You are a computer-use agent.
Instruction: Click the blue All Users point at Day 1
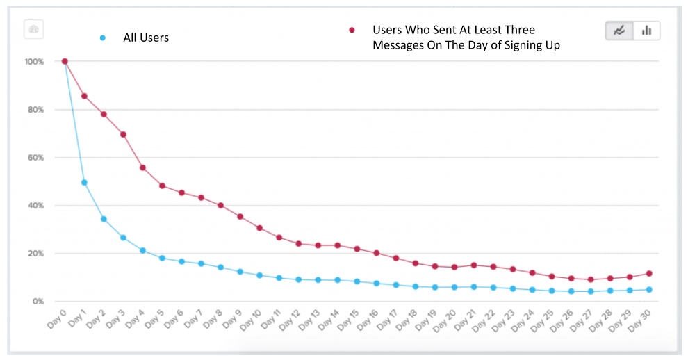pos(84,183)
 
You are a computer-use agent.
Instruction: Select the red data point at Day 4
pos(142,167)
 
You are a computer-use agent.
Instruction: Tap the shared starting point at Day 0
pos(65,61)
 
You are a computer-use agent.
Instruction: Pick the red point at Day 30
pos(649,273)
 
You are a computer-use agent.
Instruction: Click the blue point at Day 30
pos(649,290)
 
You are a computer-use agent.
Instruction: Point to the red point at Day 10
pos(259,228)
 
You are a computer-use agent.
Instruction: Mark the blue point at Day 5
pos(162,258)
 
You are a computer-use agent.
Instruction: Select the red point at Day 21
pos(474,265)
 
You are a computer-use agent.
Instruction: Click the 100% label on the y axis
pos(35,62)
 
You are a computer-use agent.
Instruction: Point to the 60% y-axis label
pos(36,158)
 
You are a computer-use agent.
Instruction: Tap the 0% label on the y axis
pos(39,302)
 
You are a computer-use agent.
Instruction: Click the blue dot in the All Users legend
pos(104,38)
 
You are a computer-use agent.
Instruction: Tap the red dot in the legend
pos(352,31)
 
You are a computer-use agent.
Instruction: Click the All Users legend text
pos(146,38)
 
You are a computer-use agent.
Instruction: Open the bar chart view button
pos(646,31)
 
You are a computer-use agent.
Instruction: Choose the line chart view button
pos(619,31)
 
